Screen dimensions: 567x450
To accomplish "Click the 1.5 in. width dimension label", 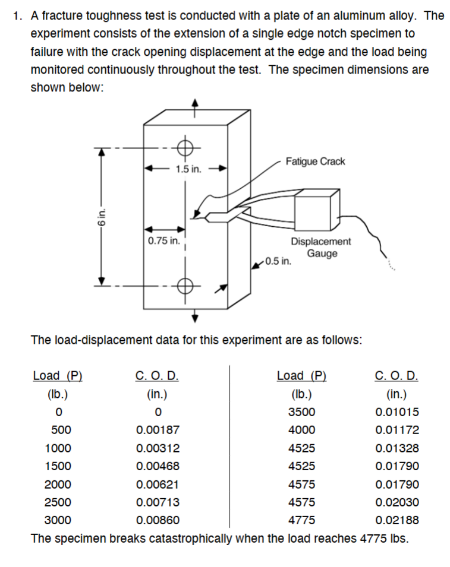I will [x=188, y=169].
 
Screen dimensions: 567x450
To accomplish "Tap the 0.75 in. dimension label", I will [x=163, y=241].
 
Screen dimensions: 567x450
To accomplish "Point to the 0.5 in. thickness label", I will [x=278, y=261].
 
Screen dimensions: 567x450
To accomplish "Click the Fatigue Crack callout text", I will [x=314, y=161].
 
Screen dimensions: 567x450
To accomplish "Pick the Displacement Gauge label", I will [x=321, y=248].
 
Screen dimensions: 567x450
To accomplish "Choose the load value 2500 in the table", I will [x=58, y=502].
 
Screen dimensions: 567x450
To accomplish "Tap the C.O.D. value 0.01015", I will [x=396, y=412].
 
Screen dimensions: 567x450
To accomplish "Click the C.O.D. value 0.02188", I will [x=396, y=521].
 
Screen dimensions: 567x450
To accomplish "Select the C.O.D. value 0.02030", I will [x=396, y=502].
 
